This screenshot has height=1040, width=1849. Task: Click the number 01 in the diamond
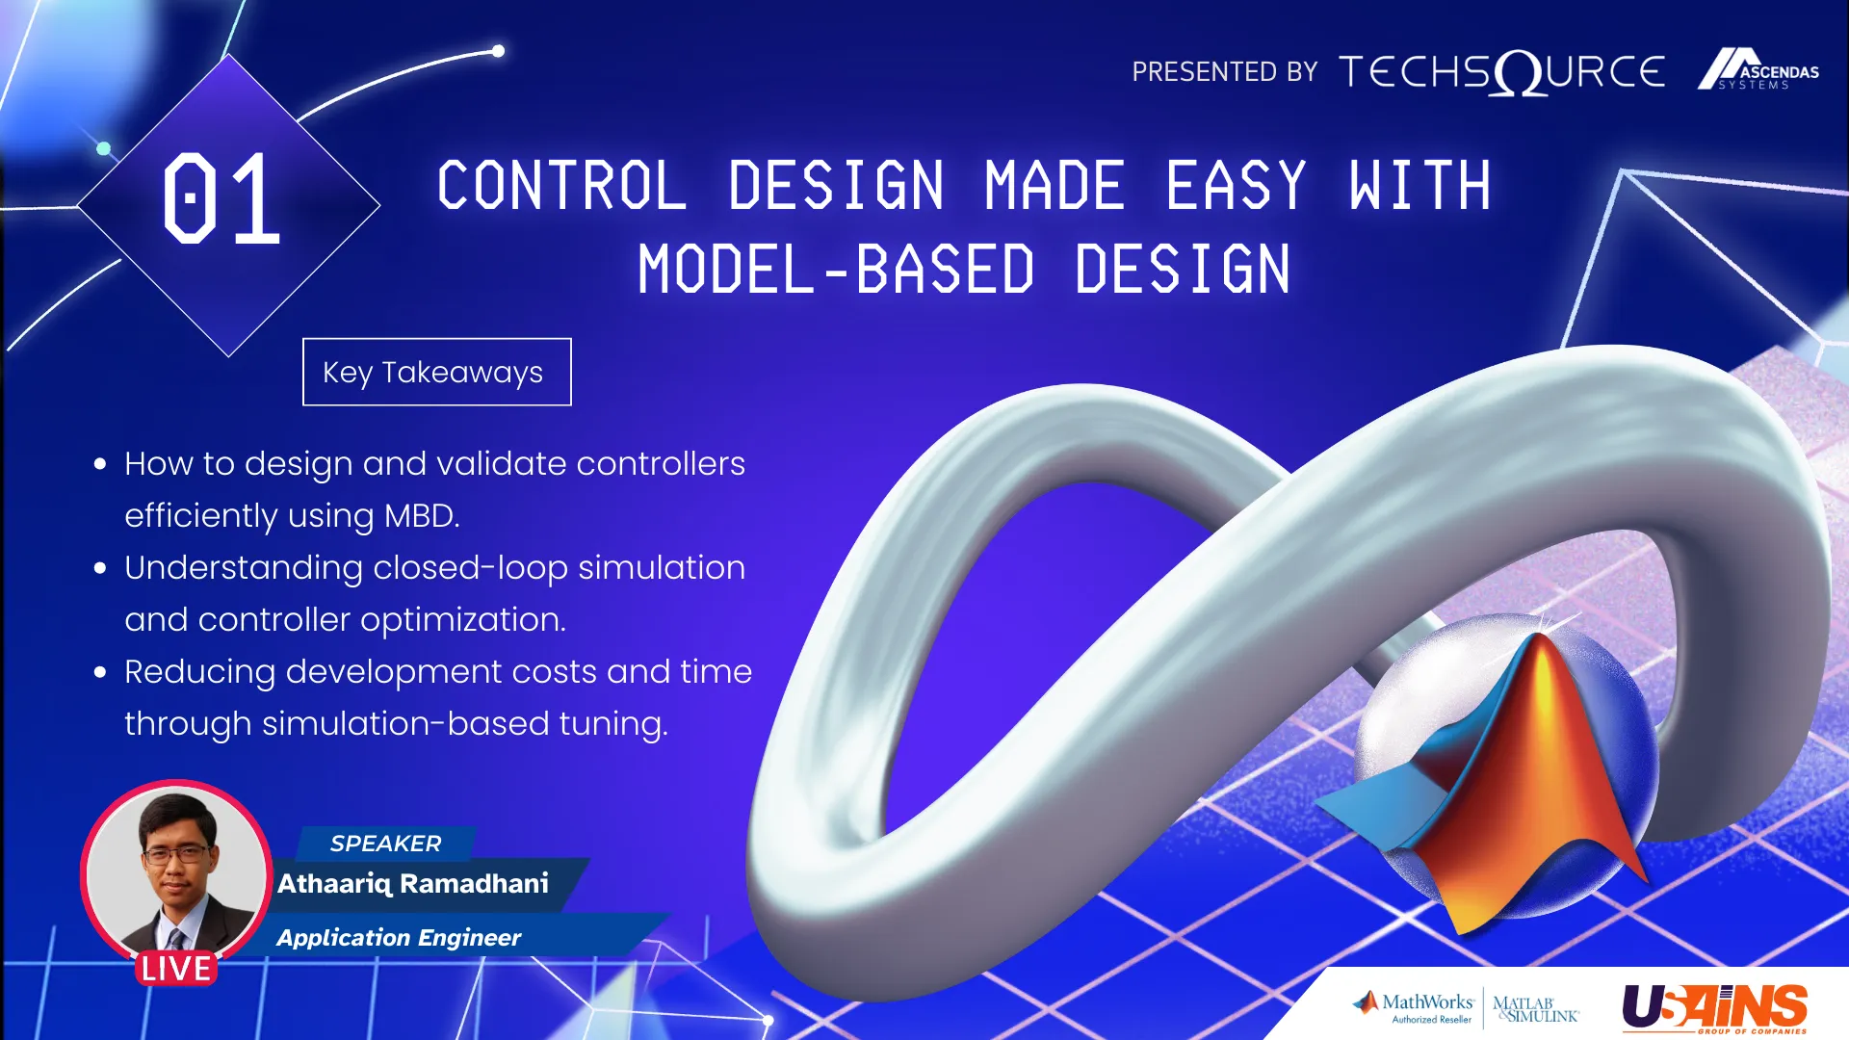(221, 198)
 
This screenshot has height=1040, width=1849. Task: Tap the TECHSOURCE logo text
(1502, 72)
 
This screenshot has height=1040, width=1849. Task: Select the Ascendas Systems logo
(1758, 69)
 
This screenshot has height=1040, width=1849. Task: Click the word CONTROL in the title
(562, 185)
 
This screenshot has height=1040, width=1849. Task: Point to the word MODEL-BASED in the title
(836, 269)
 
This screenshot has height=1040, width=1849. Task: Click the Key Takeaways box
(436, 372)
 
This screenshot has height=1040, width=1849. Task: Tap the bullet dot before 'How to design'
(100, 464)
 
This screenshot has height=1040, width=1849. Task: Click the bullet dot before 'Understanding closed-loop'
(100, 568)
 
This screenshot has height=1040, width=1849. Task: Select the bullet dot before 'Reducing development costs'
(100, 672)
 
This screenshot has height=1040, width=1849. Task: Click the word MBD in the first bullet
(421, 516)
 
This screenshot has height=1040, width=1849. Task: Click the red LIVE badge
(175, 968)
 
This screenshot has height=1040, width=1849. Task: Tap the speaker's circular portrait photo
(175, 871)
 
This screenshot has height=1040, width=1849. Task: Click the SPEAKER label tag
(385, 844)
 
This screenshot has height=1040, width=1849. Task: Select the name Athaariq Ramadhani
(413, 884)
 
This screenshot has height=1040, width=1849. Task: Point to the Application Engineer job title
(399, 938)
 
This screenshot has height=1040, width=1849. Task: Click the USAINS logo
(1715, 1008)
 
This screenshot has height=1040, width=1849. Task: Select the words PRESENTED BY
(1225, 72)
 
